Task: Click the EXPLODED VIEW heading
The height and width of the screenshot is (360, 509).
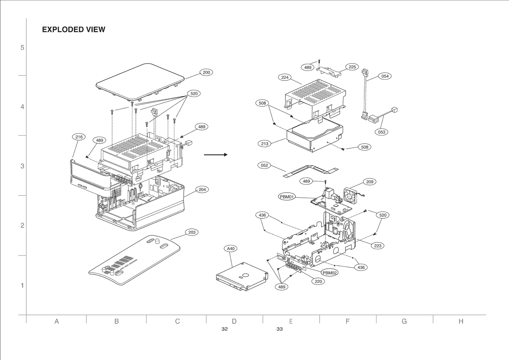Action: (73, 30)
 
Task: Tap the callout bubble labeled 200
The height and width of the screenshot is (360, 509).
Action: (206, 72)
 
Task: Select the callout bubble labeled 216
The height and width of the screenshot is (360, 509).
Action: (79, 137)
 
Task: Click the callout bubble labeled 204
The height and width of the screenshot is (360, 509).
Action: (202, 189)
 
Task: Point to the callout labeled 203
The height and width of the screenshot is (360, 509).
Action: (192, 232)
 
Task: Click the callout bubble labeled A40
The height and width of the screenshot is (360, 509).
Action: (231, 249)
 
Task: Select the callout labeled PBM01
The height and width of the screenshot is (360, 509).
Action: (287, 197)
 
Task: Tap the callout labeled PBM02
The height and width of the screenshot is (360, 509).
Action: (329, 273)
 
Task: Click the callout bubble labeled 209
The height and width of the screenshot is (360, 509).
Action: (370, 182)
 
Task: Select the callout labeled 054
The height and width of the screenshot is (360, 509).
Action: (385, 76)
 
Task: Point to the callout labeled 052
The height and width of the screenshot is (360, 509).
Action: (264, 165)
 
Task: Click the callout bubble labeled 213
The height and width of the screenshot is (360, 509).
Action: (265, 144)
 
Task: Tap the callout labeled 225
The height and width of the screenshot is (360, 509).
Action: (352, 67)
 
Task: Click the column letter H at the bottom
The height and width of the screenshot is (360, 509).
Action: (461, 321)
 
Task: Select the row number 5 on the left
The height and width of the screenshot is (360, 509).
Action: (22, 47)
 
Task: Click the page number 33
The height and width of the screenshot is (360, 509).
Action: (279, 329)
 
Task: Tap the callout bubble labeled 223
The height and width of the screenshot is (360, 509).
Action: (378, 246)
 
